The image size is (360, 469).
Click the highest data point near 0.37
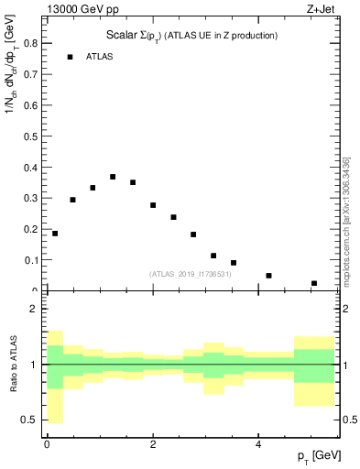[113, 177]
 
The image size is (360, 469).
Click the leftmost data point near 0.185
[55, 234]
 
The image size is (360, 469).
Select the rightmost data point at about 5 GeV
[314, 283]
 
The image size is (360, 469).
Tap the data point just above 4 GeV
[268, 275]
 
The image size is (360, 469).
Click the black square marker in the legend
[70, 57]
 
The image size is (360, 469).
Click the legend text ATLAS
[99, 57]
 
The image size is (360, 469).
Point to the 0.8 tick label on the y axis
[30, 42]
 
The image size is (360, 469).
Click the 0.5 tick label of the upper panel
[30, 136]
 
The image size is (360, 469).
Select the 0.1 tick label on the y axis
[30, 260]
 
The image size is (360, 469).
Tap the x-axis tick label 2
[153, 444]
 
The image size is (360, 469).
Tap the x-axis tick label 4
[258, 444]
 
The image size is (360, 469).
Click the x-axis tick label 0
[47, 444]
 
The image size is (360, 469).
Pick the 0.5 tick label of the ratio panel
[30, 420]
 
